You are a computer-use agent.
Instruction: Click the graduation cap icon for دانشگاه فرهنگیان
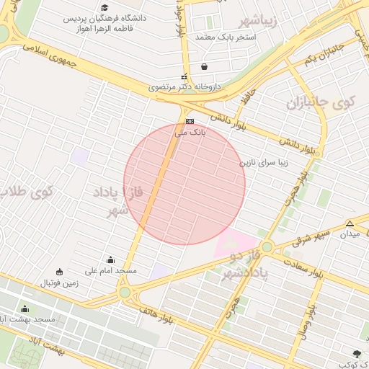pyautogui.click(x=105, y=27)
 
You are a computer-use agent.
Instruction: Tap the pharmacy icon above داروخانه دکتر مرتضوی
pyautogui.click(x=184, y=77)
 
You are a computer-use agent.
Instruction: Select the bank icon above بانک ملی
pyautogui.click(x=190, y=122)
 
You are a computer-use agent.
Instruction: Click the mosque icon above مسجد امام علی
pyautogui.click(x=110, y=260)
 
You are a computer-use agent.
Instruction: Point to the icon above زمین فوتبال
pyautogui.click(x=59, y=272)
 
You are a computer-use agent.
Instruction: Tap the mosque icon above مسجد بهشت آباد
pyautogui.click(x=26, y=309)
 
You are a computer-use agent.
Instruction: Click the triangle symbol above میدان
pyautogui.click(x=350, y=223)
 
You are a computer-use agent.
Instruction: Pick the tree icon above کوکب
pyautogui.click(x=356, y=353)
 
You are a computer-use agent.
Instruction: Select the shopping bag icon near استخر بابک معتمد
pyautogui.click(x=205, y=66)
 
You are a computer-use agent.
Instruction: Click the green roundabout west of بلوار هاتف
pyautogui.click(x=126, y=292)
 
